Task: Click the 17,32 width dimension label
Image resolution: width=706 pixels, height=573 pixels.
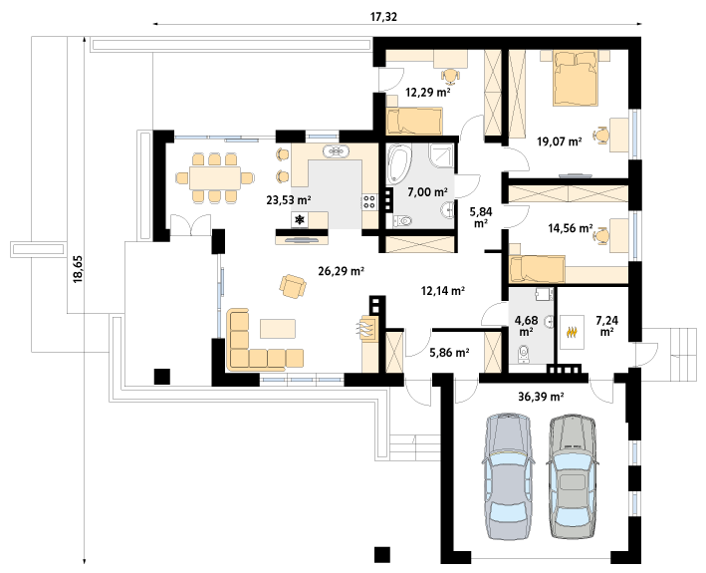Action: [383, 17]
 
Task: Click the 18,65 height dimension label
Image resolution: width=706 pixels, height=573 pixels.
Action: [79, 269]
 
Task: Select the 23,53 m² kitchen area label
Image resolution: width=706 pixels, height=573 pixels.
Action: [289, 199]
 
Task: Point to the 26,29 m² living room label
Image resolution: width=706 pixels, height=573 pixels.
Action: [341, 271]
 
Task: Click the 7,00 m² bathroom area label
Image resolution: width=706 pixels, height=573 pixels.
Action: [427, 192]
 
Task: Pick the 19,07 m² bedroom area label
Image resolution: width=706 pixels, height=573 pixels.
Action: [560, 142]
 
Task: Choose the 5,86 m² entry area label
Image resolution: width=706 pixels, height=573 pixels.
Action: [449, 353]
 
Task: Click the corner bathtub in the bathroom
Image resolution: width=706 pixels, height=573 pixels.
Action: [399, 164]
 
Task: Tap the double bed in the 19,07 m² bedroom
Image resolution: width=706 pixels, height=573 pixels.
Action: [576, 79]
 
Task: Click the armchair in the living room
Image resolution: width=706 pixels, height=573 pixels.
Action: [293, 286]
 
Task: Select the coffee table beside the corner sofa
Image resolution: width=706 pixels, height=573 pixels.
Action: [278, 329]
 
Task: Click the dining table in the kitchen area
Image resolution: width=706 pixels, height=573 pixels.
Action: [215, 178]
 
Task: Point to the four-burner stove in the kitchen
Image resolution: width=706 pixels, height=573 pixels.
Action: [369, 201]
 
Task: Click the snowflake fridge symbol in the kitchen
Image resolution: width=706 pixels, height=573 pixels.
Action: [300, 220]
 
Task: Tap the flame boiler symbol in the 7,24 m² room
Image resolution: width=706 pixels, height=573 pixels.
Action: [572, 333]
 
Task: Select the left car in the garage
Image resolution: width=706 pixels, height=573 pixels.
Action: [508, 474]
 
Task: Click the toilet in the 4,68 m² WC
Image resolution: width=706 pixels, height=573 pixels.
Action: [523, 354]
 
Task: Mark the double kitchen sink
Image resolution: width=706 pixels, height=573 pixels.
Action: [336, 151]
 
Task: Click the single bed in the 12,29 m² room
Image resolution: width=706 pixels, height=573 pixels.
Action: [414, 121]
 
